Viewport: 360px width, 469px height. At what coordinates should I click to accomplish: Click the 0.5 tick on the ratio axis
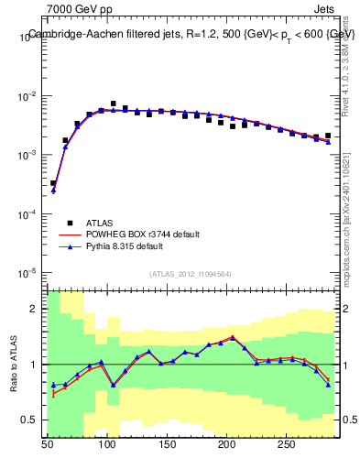(x=32, y=420)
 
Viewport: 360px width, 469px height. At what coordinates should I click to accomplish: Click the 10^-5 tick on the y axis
(x=27, y=273)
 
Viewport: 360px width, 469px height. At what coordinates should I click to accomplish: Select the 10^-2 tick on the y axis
(x=27, y=96)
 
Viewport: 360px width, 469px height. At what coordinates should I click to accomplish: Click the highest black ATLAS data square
(x=114, y=104)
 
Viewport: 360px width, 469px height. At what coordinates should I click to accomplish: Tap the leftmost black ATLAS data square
(x=53, y=183)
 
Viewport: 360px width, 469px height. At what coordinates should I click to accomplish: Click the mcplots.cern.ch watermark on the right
(x=345, y=220)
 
